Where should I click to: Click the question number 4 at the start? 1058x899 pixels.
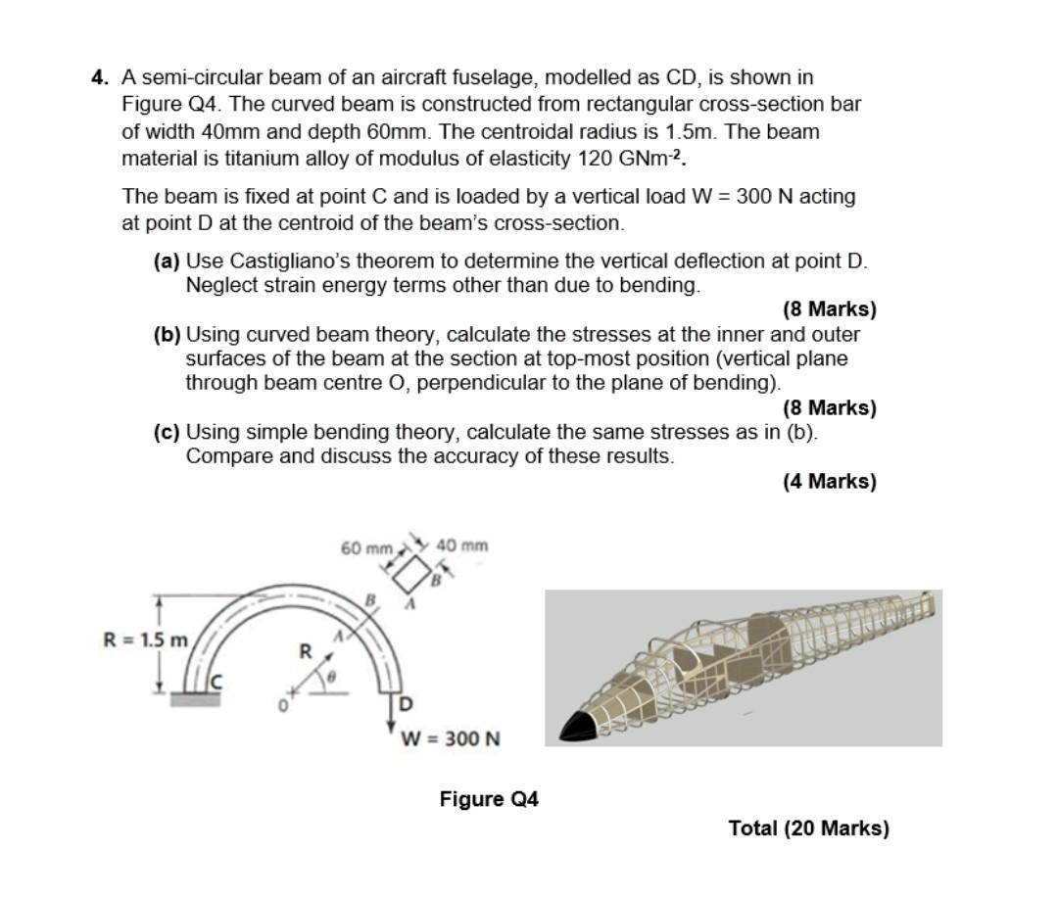click(x=98, y=77)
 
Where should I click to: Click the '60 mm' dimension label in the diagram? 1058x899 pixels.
click(x=366, y=547)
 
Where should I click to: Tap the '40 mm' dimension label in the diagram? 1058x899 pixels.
click(x=462, y=545)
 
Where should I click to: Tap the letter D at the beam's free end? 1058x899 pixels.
click(x=407, y=704)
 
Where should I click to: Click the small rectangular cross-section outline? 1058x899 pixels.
click(x=412, y=574)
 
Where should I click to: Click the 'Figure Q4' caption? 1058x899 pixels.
click(x=489, y=799)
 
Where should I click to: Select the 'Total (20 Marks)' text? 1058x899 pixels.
click(x=808, y=828)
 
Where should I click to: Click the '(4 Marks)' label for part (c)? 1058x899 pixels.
click(x=829, y=481)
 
